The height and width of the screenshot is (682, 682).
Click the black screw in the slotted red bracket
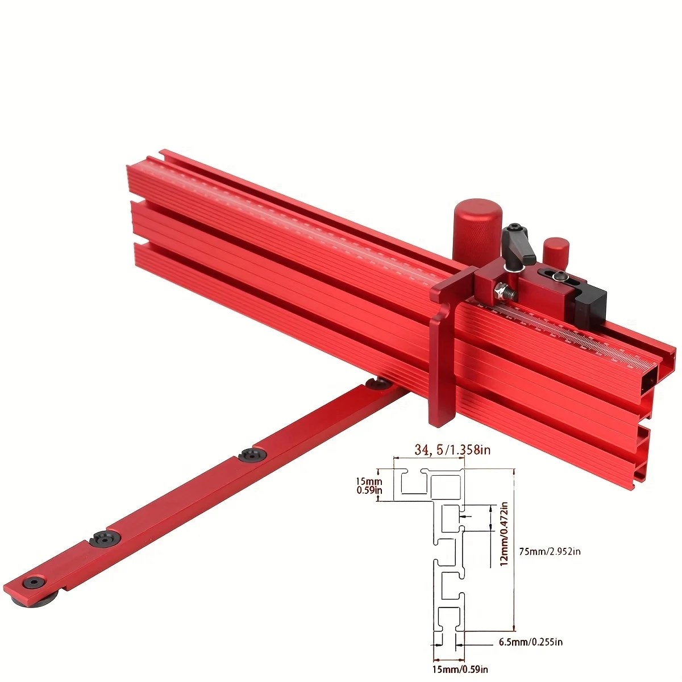click(x=559, y=277)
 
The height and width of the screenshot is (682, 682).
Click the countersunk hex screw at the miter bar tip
click(x=35, y=583)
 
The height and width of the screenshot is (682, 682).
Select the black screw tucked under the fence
click(x=377, y=384)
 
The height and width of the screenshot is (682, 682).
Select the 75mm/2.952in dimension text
click(x=550, y=551)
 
